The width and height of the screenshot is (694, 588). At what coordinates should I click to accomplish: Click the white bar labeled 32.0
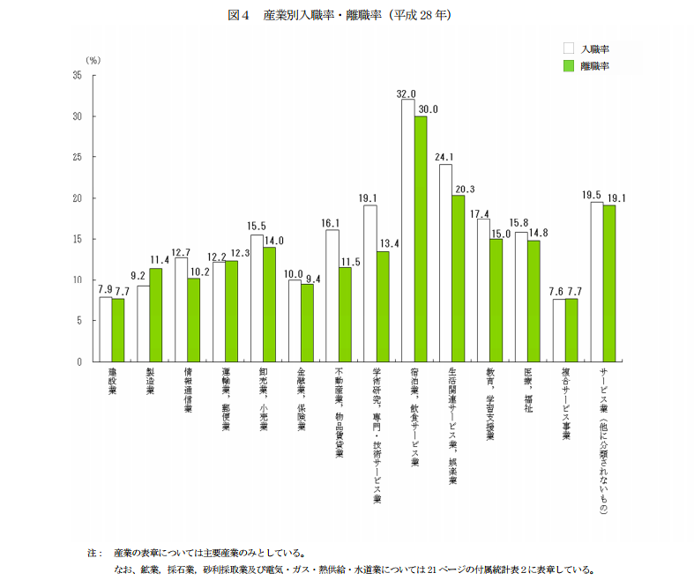[408, 231]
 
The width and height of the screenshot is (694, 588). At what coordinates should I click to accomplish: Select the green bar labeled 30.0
[421, 239]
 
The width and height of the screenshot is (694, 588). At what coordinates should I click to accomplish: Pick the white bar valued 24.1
[446, 263]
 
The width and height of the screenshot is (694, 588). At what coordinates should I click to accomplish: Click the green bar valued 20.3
[459, 279]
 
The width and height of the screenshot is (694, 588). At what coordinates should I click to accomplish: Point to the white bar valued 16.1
[332, 295]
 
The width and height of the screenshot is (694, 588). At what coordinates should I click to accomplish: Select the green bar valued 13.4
[383, 307]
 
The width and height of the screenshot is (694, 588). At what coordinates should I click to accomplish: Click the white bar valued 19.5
[597, 282]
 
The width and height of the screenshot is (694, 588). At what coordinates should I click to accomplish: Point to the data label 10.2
[198, 272]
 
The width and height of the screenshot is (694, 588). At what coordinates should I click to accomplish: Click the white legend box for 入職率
[569, 48]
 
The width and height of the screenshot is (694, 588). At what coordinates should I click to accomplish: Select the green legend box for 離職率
[569, 65]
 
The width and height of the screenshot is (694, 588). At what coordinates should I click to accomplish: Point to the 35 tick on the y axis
[78, 76]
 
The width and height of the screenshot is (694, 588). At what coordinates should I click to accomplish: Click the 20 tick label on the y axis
[78, 198]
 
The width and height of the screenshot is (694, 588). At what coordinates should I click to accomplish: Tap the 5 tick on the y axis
[79, 321]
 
